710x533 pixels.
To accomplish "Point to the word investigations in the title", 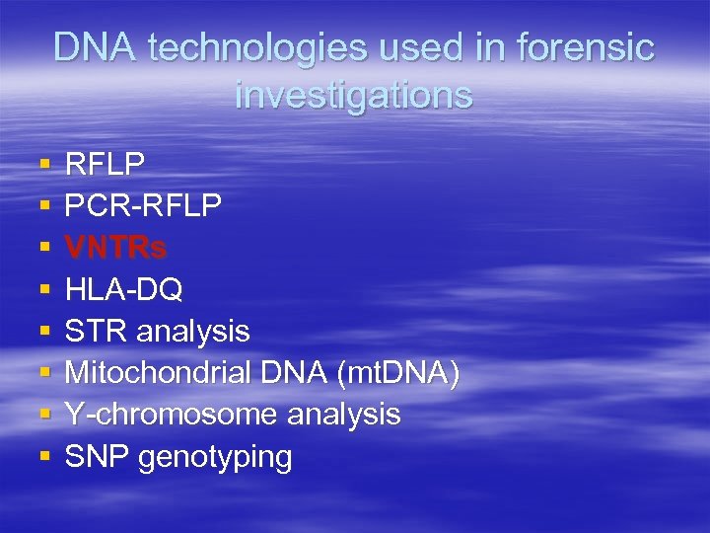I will [x=354, y=95].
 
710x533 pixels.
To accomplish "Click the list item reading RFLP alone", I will [x=105, y=164].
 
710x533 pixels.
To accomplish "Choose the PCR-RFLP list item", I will [x=143, y=205].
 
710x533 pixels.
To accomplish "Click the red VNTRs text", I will [x=115, y=248].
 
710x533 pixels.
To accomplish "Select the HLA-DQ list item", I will [x=123, y=289].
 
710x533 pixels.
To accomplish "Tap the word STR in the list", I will [x=97, y=332].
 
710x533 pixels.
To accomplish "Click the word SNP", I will [x=97, y=457].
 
